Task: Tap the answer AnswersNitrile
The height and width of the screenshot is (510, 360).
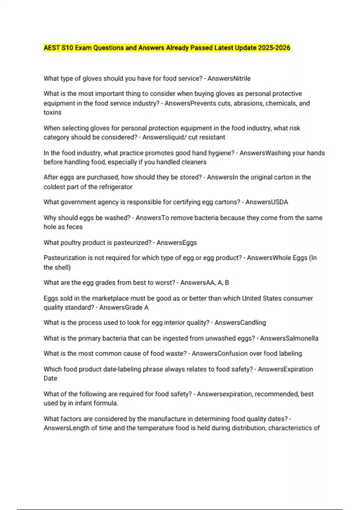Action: point(229,79)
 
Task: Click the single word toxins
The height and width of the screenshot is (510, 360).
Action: point(52,112)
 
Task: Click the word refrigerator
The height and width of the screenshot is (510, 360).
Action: point(112,187)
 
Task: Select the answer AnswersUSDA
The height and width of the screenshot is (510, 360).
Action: point(267,202)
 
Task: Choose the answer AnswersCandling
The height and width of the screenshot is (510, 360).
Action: point(240,323)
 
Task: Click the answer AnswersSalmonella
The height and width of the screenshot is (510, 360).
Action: point(289,338)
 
